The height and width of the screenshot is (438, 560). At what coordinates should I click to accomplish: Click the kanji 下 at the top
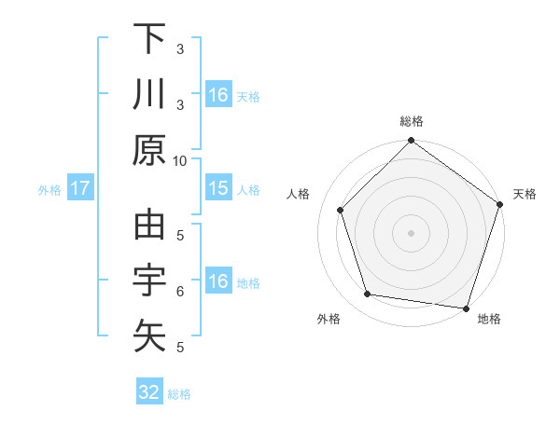[x=149, y=39]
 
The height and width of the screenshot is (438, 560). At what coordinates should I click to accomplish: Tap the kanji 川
[x=149, y=95]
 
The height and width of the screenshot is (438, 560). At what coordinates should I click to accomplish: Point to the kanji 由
[x=149, y=226]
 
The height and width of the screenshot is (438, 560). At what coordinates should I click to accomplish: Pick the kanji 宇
[x=149, y=281]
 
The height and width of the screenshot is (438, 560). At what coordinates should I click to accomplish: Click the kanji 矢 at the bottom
[x=149, y=335]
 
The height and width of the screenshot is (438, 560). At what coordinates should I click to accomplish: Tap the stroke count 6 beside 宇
[x=180, y=292]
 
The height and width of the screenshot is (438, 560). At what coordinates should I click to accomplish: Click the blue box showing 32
[x=149, y=392]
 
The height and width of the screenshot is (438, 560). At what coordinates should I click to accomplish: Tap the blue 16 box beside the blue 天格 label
[x=217, y=95]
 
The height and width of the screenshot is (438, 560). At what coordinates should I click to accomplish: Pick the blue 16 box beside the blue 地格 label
[x=217, y=282]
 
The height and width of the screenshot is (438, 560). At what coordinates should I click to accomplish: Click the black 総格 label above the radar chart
[x=412, y=121]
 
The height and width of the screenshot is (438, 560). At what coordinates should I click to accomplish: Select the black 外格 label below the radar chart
[x=329, y=319]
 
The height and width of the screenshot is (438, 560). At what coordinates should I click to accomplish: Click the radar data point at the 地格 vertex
[x=465, y=307]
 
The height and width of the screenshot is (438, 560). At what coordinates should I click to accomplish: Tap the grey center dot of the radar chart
[x=411, y=232]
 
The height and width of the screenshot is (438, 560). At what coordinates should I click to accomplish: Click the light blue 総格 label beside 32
[x=179, y=394]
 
